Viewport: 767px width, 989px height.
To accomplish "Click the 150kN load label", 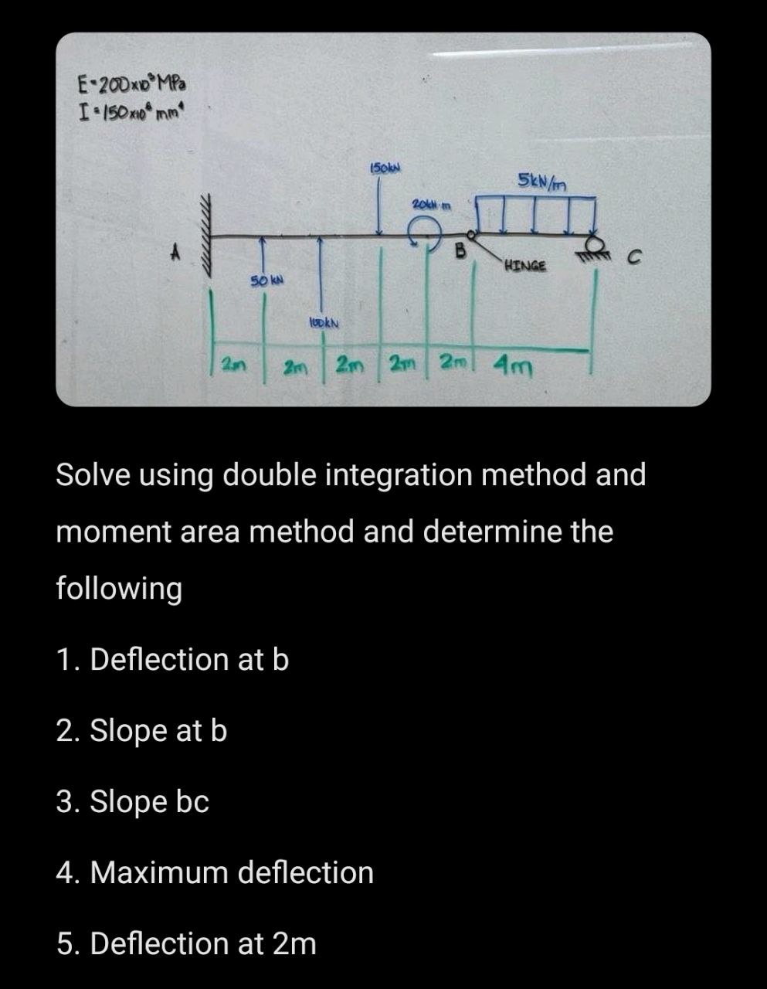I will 385,168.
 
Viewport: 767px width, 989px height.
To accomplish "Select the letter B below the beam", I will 461,250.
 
